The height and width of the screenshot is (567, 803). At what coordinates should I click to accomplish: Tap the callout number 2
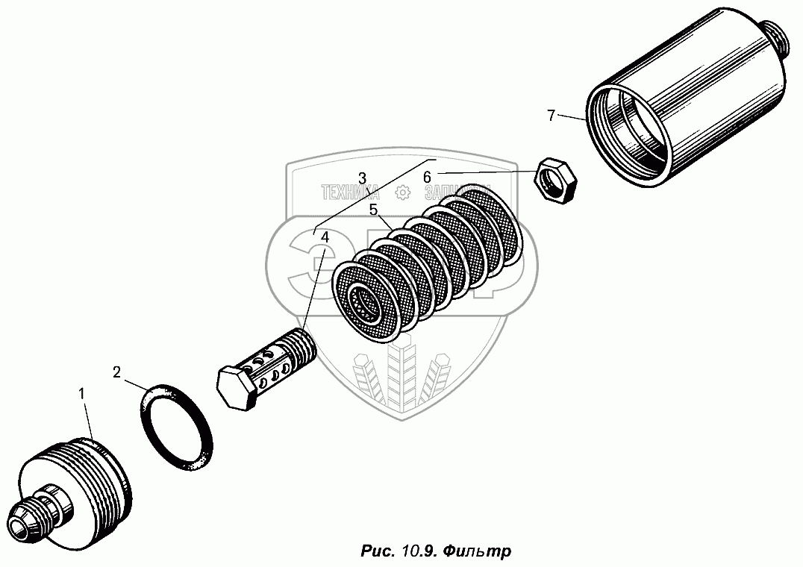pyautogui.click(x=116, y=372)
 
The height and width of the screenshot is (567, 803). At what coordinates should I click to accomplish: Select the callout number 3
pyautogui.click(x=362, y=178)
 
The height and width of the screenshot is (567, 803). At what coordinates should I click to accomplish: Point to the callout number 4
pyautogui.click(x=325, y=236)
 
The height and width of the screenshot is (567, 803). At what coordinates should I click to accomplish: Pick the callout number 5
pyautogui.click(x=372, y=210)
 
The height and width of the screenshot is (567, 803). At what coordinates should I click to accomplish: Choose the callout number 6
pyautogui.click(x=427, y=177)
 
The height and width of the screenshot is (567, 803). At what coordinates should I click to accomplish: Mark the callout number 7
pyautogui.click(x=551, y=115)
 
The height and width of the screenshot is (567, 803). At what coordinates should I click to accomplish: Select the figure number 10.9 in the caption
pyautogui.click(x=417, y=551)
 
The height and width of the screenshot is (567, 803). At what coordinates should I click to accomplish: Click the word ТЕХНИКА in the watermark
pyautogui.click(x=350, y=192)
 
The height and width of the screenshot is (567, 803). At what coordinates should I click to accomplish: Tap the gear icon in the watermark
pyautogui.click(x=401, y=192)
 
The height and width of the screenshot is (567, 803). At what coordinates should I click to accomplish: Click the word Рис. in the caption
pyautogui.click(x=376, y=551)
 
